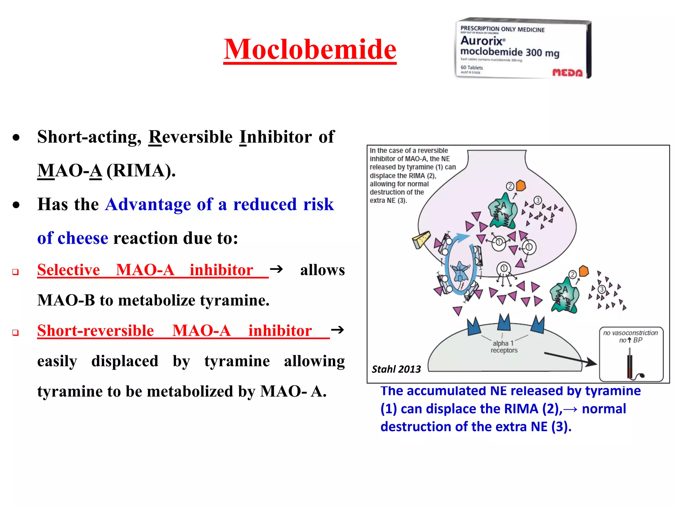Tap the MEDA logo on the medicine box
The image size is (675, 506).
(x=567, y=72)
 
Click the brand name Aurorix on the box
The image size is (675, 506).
(x=482, y=41)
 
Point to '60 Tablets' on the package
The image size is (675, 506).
(x=472, y=68)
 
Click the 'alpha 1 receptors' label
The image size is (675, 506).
(x=504, y=347)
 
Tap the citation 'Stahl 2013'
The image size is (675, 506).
(x=396, y=369)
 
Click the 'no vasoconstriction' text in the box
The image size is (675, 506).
(x=630, y=333)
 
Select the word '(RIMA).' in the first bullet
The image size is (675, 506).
(x=141, y=171)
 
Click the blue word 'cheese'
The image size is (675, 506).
(x=83, y=238)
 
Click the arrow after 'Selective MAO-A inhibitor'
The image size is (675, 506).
(x=276, y=269)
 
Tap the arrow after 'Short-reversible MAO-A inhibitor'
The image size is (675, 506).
(x=337, y=330)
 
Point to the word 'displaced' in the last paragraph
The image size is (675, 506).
(x=125, y=361)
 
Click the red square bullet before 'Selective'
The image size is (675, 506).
(x=15, y=272)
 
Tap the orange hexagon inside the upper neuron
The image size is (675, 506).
(x=521, y=185)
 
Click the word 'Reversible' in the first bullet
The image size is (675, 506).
(x=191, y=137)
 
